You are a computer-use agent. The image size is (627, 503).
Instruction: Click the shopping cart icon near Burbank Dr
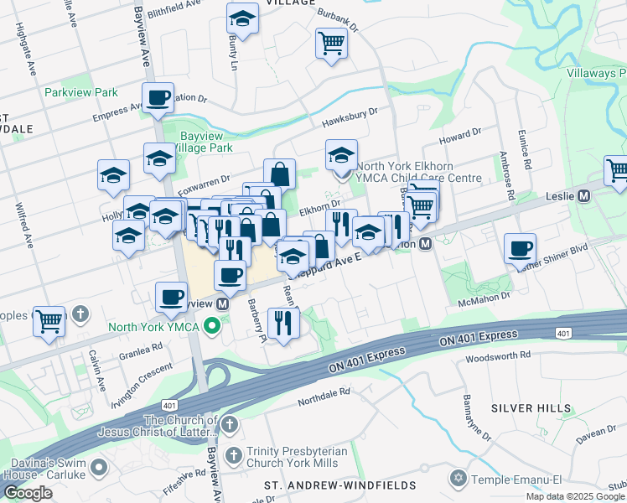331,43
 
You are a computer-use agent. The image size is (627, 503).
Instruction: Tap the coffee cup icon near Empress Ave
158,97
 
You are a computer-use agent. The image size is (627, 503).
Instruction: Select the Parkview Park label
81,92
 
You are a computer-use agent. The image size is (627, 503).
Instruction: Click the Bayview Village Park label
206,142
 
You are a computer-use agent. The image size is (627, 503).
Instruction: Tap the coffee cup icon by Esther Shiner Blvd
520,248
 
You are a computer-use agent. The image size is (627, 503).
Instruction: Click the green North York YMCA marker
213,326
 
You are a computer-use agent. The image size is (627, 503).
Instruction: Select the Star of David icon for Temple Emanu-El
457,478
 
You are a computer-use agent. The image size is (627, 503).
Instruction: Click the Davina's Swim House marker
101,466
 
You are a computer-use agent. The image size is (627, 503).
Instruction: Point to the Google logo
28,493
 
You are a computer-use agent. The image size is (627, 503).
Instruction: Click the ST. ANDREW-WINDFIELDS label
340,485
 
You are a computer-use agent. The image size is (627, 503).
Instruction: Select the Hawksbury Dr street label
350,117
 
